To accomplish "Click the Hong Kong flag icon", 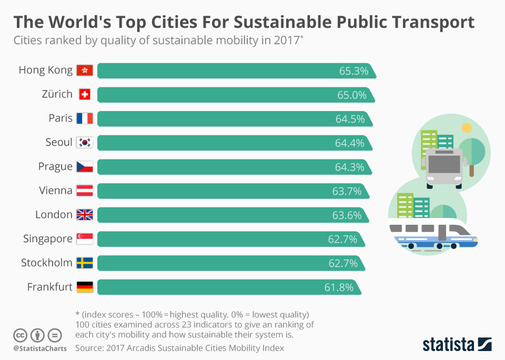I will [x=84, y=70].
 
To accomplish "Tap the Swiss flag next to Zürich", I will [x=84, y=94].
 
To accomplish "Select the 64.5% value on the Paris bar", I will [x=350, y=119].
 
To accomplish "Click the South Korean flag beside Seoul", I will [x=84, y=142].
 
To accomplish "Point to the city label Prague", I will [x=55, y=167].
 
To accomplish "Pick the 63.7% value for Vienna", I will [x=347, y=191].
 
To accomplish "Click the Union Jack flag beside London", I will [x=84, y=215].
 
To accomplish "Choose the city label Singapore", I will [x=47, y=239].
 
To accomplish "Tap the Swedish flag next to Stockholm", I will [x=84, y=263].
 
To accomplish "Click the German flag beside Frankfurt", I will [x=84, y=287].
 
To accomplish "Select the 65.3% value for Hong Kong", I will [x=353, y=71].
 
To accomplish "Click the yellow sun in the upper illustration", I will [x=466, y=127].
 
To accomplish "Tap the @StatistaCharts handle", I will [x=40, y=348].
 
